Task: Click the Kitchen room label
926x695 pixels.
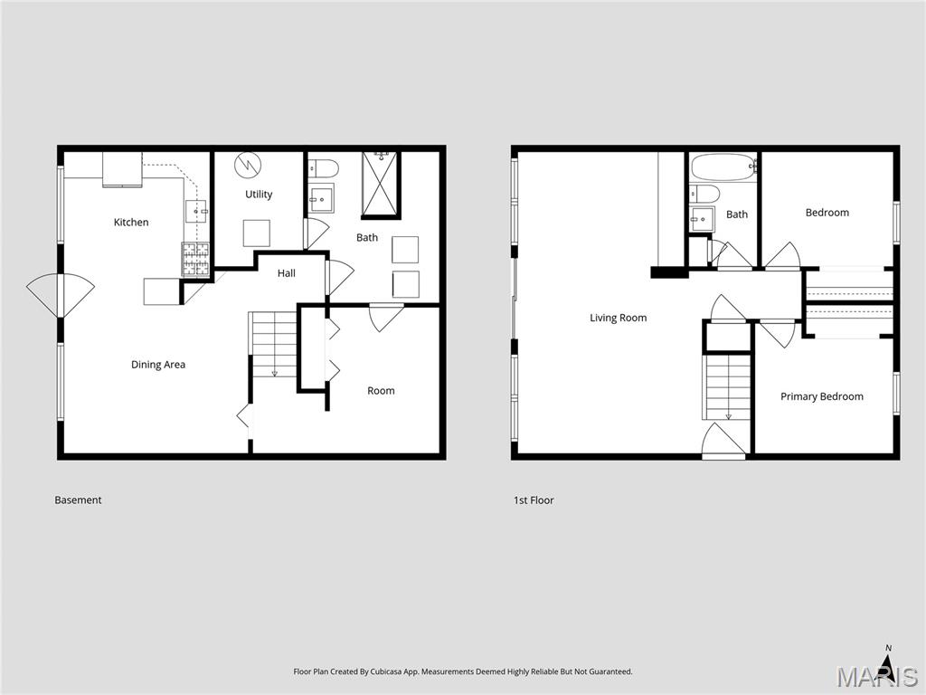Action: click(131, 223)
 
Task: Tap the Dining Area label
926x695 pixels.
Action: click(158, 365)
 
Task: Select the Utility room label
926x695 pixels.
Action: click(259, 195)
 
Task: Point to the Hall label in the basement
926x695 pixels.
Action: click(287, 273)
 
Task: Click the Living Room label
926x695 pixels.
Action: click(619, 318)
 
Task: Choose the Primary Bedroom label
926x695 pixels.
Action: click(822, 396)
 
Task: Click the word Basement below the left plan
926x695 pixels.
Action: click(78, 500)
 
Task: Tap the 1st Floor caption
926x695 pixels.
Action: click(534, 500)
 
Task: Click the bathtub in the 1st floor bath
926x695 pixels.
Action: click(723, 167)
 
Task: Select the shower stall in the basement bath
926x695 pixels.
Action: click(381, 186)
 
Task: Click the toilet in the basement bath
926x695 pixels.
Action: click(324, 167)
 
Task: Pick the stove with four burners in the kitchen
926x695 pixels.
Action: click(196, 260)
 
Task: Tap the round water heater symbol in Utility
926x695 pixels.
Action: click(247, 165)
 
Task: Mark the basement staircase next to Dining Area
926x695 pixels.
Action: click(274, 344)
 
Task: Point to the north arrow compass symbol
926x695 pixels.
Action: click(888, 665)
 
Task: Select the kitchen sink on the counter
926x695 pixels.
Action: click(196, 211)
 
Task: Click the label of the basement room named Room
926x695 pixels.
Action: click(381, 391)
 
